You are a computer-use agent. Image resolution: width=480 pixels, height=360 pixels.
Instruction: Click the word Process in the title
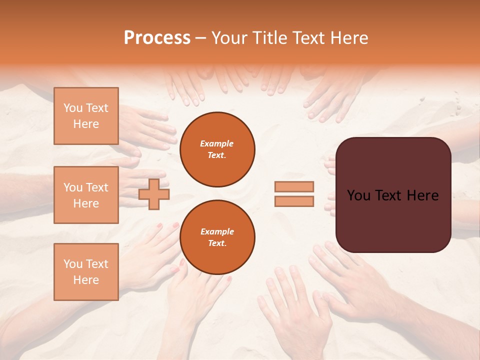coord(157,38)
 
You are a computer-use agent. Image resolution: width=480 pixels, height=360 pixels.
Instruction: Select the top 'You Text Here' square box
coord(86,116)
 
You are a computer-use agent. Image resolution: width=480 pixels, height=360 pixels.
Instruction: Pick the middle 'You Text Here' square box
coord(86,195)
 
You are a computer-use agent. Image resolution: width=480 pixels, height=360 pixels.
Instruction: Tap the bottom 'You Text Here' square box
coord(86,271)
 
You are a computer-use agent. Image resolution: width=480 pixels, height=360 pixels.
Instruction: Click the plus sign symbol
coord(153,194)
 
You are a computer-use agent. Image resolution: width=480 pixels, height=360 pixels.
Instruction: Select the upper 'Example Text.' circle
coord(217,149)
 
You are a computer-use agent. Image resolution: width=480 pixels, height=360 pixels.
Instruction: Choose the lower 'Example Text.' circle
coord(217,237)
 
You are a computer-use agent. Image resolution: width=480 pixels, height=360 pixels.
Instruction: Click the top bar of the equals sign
coord(294,186)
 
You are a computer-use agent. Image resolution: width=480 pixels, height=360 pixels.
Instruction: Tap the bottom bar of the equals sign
coord(294,201)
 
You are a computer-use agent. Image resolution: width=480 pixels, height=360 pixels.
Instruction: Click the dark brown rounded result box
coord(393,194)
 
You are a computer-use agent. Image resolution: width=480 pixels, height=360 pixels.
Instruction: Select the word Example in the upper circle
coord(217,143)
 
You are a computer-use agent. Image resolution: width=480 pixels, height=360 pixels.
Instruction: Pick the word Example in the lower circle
coord(217,231)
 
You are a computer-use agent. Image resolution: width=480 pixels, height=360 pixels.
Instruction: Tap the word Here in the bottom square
coord(86,280)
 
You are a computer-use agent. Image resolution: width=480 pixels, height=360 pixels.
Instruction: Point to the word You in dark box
coord(358,195)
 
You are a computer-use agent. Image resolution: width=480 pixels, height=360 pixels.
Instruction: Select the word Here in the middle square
coord(86,203)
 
